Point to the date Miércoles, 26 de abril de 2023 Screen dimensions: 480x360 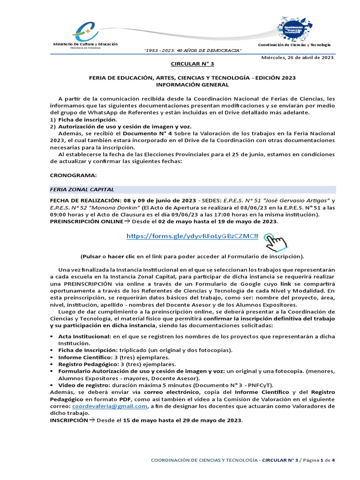298,57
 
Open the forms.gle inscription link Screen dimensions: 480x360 192,236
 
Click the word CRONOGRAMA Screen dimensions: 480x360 73,175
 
